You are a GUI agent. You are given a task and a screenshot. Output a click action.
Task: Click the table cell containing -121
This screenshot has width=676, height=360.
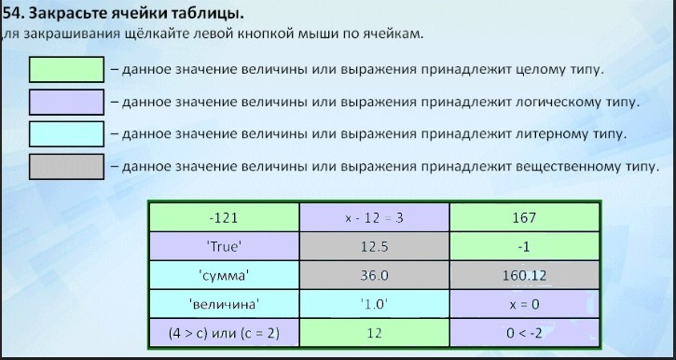pos(224,217)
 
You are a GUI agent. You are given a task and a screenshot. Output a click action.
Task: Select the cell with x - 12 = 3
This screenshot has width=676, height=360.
pos(374,217)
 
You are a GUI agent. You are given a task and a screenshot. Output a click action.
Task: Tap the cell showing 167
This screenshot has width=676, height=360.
pos(524,217)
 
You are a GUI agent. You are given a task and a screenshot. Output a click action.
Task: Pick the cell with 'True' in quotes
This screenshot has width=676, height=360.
pos(224,246)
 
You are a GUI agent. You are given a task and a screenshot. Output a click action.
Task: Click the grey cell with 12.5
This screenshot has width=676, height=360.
pos(374,246)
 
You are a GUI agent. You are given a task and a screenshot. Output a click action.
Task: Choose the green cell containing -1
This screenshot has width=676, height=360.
pos(524,246)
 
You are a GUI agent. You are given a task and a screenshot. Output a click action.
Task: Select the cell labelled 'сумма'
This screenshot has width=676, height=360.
pos(224,275)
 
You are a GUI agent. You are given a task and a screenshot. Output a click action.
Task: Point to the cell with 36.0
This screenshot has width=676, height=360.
pos(374,275)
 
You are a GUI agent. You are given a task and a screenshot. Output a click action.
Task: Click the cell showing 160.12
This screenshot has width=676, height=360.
pos(524,275)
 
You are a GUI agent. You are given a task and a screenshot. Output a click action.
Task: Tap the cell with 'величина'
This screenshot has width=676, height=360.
pos(224,304)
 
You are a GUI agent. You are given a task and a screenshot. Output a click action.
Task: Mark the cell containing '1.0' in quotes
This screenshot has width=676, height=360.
pos(374,304)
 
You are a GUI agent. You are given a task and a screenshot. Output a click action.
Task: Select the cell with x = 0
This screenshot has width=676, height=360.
pos(524,304)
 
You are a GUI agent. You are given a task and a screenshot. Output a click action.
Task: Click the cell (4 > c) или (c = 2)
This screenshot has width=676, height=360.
pos(224,333)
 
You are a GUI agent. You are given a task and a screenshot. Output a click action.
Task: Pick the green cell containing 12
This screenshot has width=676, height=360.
pos(374,333)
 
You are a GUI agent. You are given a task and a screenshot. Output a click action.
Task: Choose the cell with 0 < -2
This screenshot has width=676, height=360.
pos(524,333)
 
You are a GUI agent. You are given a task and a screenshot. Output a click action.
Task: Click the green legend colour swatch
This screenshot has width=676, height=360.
pos(66,69)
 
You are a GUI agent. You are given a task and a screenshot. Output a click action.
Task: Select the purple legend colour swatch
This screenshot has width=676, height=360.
pos(66,102)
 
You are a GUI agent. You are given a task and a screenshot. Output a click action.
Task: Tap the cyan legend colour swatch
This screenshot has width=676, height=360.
pos(66,134)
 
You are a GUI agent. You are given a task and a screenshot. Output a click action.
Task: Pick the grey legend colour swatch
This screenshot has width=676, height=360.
pos(66,166)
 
